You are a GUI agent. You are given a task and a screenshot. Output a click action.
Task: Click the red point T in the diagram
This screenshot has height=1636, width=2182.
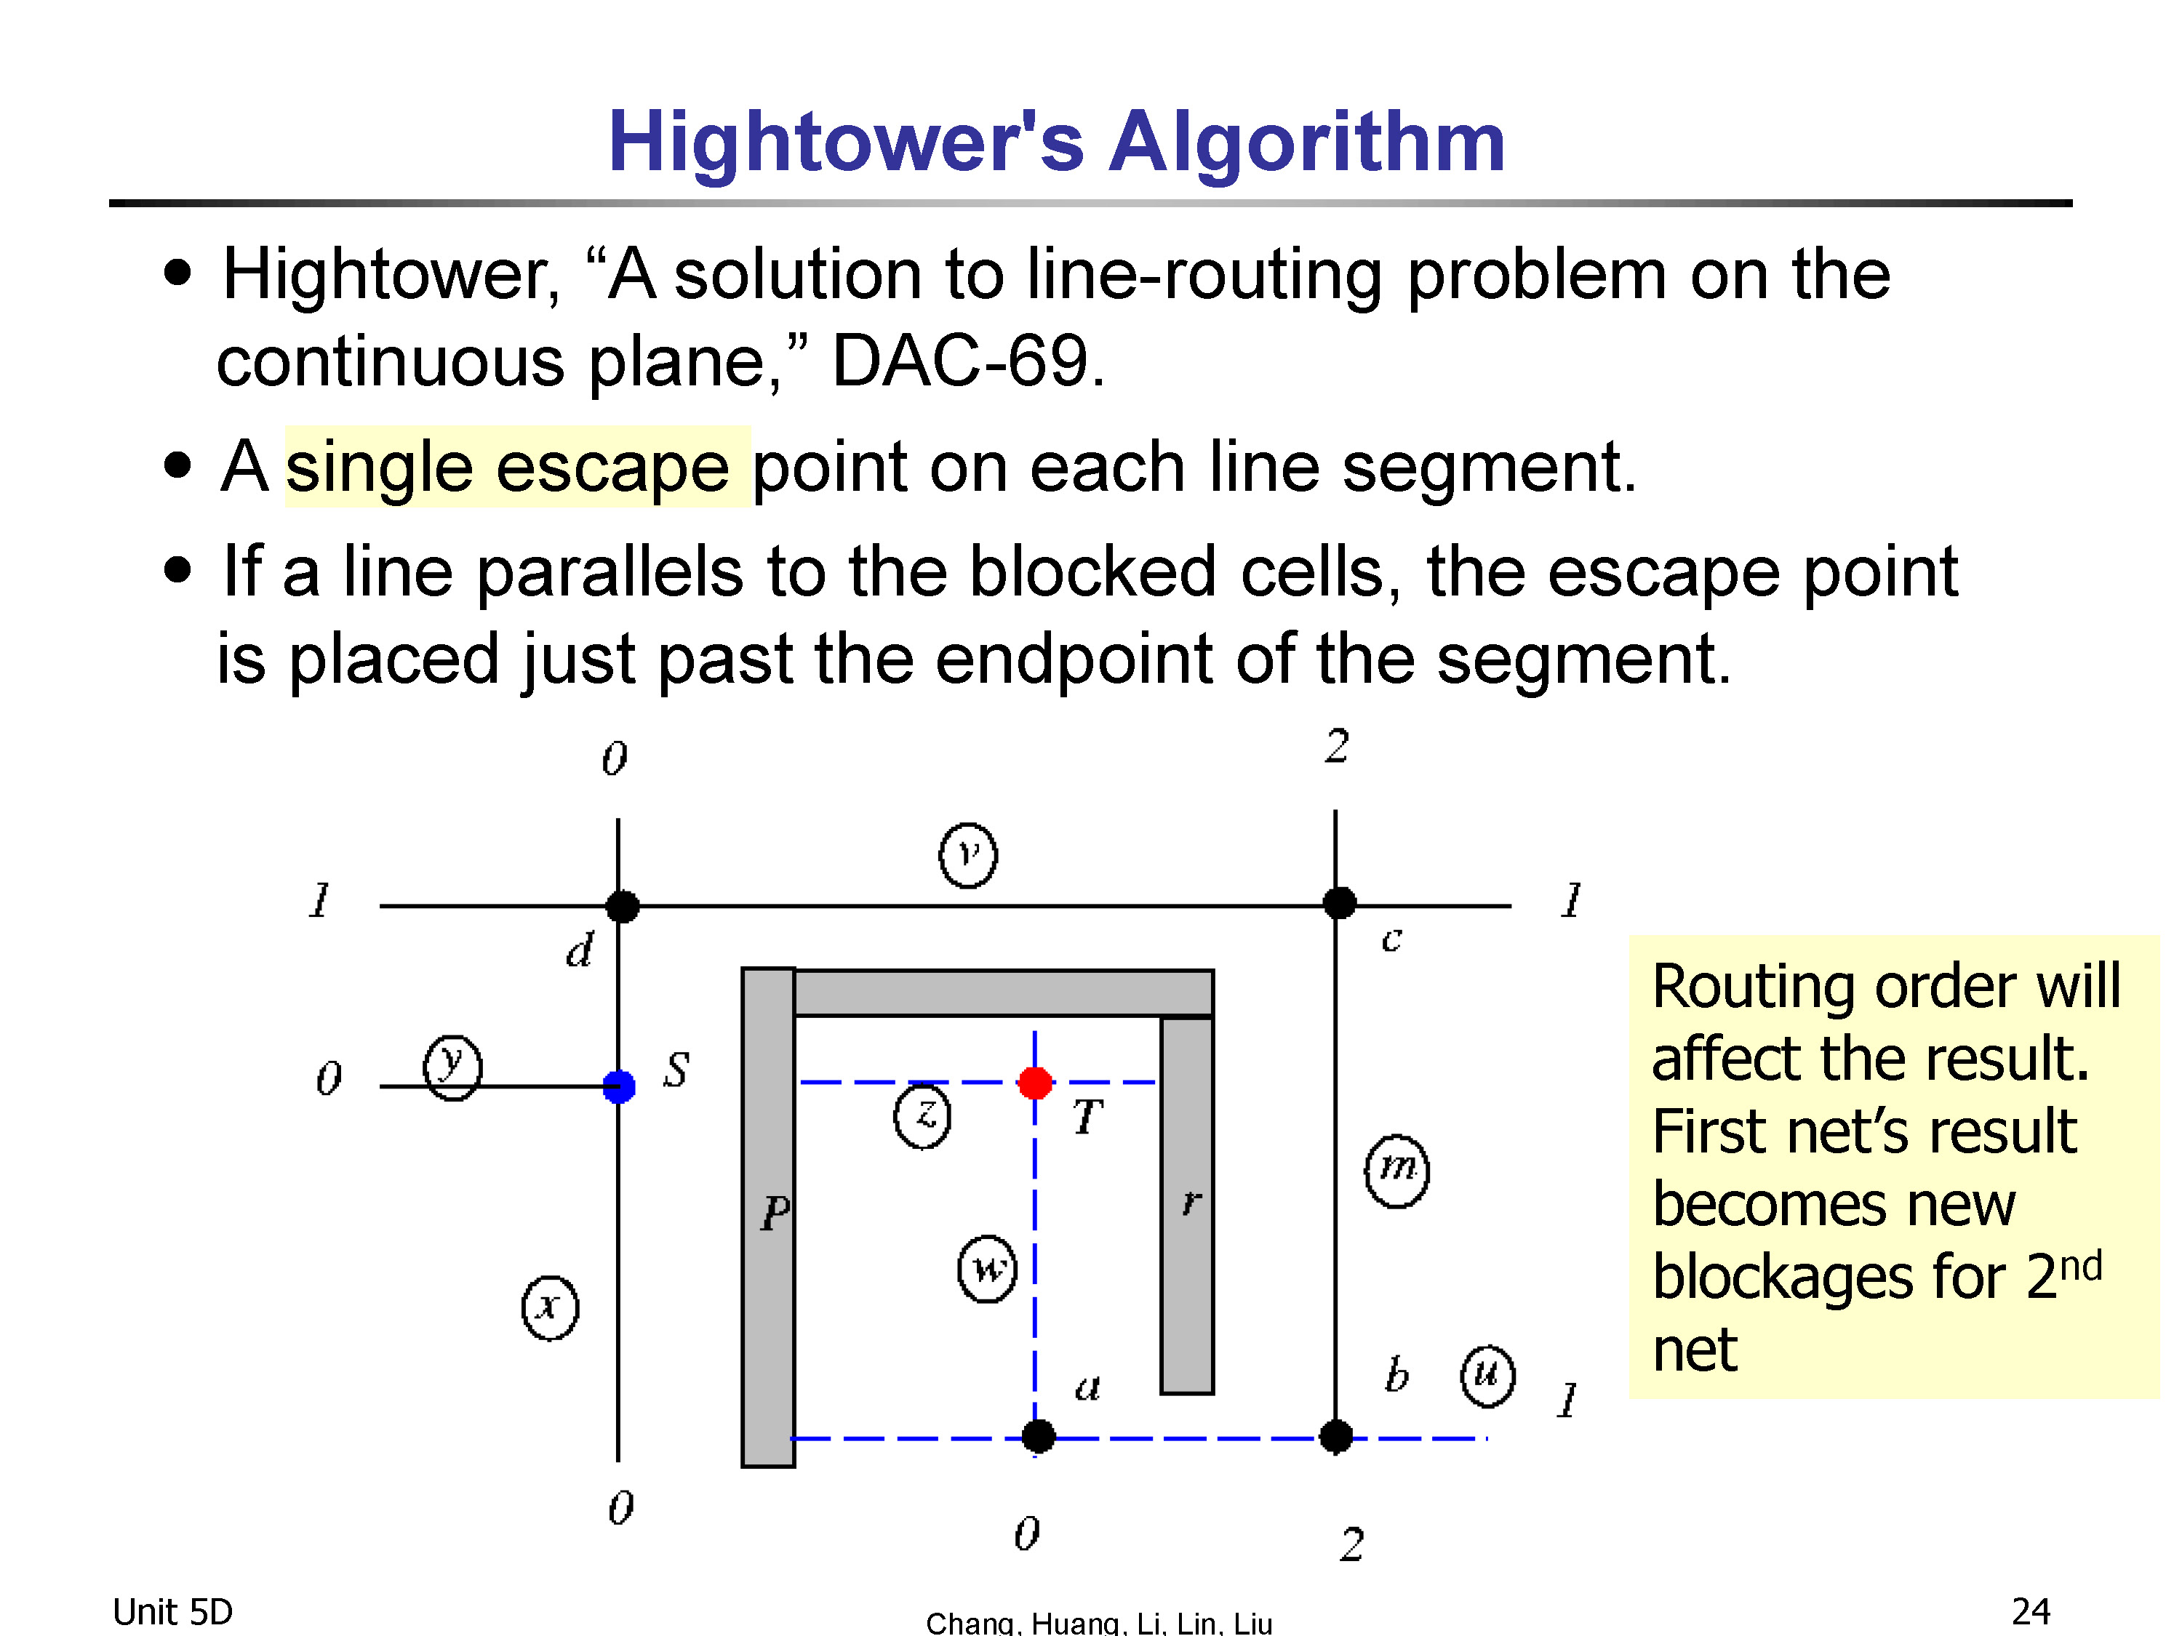point(1035,1083)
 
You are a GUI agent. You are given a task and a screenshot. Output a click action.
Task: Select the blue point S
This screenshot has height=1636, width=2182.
point(618,1087)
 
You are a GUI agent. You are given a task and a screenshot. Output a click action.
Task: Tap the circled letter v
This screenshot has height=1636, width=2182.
point(967,855)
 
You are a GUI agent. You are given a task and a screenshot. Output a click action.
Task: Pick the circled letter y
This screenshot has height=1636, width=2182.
point(452,1067)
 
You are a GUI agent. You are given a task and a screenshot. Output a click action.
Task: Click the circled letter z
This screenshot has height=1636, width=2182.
point(922,1115)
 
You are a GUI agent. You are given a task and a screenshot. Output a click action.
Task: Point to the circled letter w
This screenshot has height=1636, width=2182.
point(988,1268)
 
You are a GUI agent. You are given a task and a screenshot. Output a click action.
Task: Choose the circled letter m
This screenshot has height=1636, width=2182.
point(1396,1171)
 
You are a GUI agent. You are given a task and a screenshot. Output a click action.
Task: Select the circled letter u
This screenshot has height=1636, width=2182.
point(1487,1376)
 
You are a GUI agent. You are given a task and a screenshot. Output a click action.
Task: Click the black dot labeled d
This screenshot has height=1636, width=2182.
point(621,905)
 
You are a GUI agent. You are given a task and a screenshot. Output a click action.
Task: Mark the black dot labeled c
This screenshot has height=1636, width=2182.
point(1338,902)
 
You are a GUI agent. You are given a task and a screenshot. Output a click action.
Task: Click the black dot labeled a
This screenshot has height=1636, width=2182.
point(1038,1437)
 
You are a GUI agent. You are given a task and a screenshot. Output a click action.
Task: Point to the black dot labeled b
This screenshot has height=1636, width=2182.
point(1335,1437)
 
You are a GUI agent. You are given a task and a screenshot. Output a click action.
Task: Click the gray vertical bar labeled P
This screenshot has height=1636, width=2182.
point(769,1218)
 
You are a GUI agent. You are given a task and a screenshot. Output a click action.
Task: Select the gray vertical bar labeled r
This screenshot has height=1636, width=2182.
point(1187,1205)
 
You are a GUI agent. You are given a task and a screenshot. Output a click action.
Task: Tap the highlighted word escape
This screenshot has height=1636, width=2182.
point(612,467)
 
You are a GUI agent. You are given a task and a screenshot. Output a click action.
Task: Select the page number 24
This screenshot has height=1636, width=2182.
point(2031,1611)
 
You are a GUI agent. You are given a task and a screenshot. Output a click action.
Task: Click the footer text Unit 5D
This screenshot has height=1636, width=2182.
point(172,1611)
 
